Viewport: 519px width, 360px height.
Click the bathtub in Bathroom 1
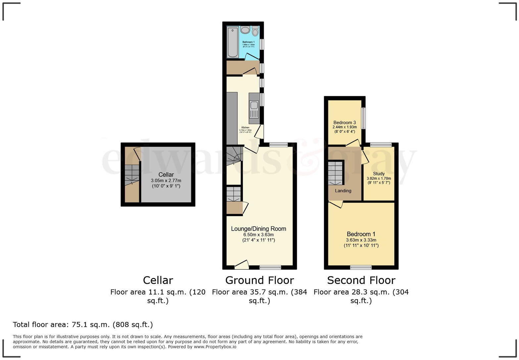click(233, 42)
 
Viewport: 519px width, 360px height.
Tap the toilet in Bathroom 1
click(255, 31)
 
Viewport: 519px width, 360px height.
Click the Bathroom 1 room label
click(249, 42)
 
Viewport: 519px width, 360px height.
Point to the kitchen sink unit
click(254, 109)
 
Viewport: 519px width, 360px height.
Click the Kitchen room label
click(245, 128)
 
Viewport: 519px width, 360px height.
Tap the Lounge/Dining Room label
click(259, 229)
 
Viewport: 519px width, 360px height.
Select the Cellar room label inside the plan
click(166, 175)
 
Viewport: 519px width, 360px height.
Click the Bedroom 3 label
click(345, 122)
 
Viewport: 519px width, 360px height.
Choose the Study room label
click(379, 174)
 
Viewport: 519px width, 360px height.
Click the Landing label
click(343, 191)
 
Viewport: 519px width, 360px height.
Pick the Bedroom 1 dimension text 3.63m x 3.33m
click(361, 240)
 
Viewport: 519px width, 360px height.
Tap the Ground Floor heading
click(259, 280)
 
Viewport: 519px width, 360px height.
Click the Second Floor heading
click(361, 280)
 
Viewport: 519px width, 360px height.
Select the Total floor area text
click(83, 325)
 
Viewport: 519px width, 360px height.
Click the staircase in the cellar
click(132, 175)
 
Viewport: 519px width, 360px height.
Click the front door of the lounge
click(242, 264)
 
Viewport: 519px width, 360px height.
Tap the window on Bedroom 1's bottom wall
click(361, 267)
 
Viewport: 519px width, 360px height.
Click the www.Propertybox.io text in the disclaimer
click(215, 347)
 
